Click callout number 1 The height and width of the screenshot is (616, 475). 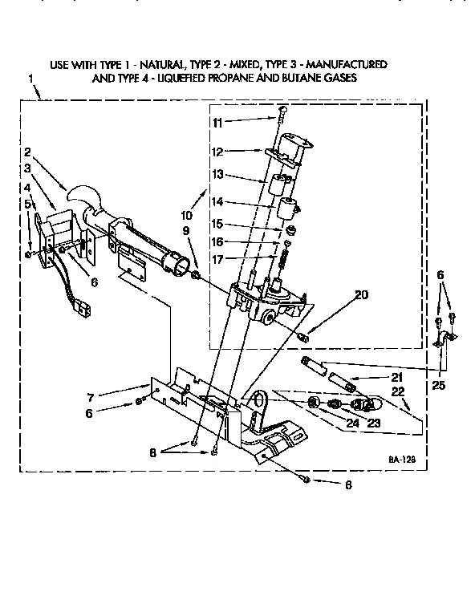30,79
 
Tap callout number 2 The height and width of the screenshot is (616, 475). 27,152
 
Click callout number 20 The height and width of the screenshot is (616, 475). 361,294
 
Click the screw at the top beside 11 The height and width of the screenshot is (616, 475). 282,112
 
